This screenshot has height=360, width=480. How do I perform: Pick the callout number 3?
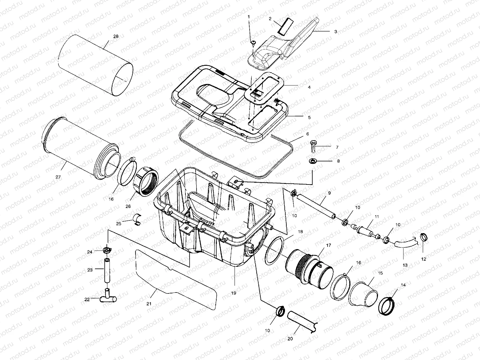pyautogui.click(x=336, y=31)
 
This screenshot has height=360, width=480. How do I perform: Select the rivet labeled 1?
pyautogui.click(x=253, y=43)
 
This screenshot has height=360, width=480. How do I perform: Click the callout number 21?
pyautogui.click(x=149, y=304)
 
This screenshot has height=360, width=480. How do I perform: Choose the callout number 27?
pyautogui.click(x=58, y=177)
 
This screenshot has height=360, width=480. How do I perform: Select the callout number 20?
pyautogui.click(x=290, y=339)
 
